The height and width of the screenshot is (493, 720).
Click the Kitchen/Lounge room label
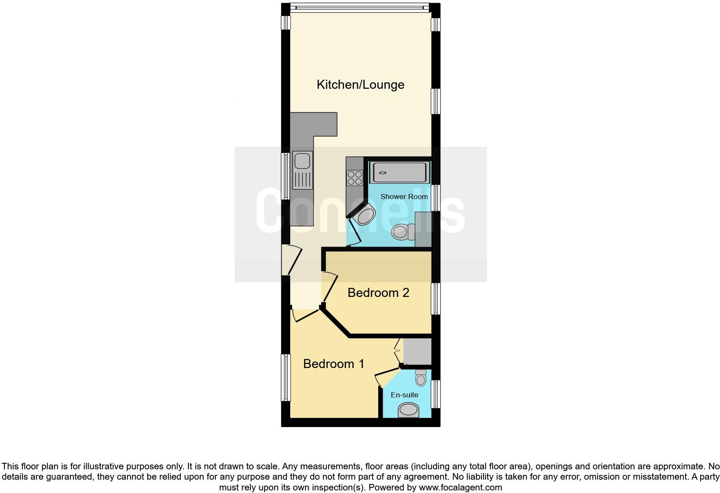click(360, 84)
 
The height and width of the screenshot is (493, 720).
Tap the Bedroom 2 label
click(378, 293)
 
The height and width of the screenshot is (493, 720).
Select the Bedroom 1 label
click(334, 364)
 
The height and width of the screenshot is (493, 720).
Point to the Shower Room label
click(404, 197)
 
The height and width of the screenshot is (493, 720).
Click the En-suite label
click(404, 395)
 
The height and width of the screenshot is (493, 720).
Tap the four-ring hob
click(355, 178)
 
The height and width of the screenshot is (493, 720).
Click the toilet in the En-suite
click(421, 378)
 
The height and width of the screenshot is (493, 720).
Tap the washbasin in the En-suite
click(408, 410)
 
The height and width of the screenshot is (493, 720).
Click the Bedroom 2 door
click(329, 288)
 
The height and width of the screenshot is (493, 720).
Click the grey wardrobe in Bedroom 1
click(417, 351)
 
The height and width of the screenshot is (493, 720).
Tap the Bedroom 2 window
click(436, 299)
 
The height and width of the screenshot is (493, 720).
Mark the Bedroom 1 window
click(286, 378)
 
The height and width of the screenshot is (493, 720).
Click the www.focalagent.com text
click(460, 488)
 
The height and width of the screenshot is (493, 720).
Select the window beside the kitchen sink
click(286, 176)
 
